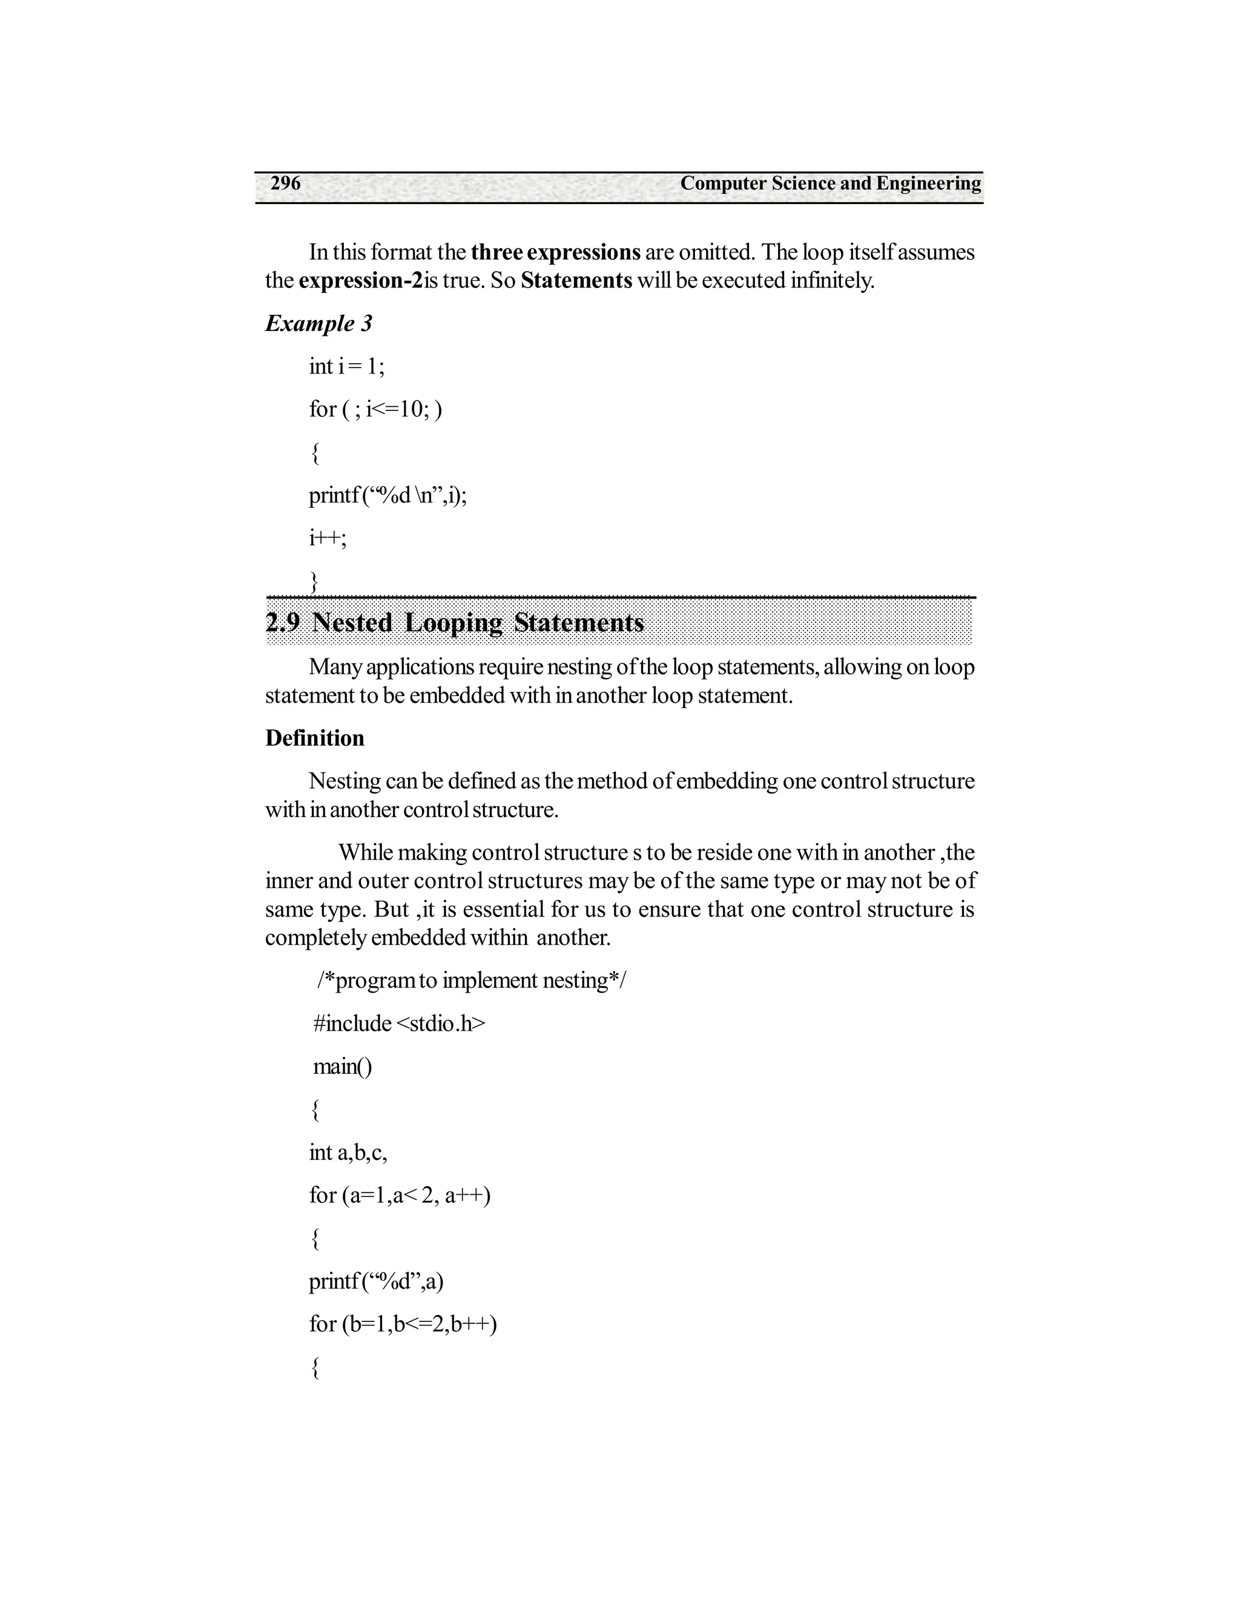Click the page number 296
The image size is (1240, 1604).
(x=285, y=183)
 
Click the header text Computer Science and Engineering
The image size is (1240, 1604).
(x=830, y=183)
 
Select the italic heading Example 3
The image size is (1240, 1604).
(x=319, y=323)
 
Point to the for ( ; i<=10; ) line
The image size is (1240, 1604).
(x=375, y=409)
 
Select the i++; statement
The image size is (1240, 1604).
(x=328, y=537)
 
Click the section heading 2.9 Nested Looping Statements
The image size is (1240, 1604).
(x=455, y=623)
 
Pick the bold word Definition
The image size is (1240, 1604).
(x=314, y=738)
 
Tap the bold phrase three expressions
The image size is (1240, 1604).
(x=555, y=252)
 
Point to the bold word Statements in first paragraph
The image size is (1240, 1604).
(x=576, y=281)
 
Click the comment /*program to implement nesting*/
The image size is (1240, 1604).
(x=472, y=981)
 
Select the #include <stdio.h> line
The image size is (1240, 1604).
(x=399, y=1023)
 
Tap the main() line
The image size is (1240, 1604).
(x=342, y=1066)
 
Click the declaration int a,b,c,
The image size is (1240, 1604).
(x=348, y=1152)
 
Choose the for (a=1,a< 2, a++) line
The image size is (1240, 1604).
(x=400, y=1195)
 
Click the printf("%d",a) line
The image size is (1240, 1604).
(x=376, y=1281)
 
